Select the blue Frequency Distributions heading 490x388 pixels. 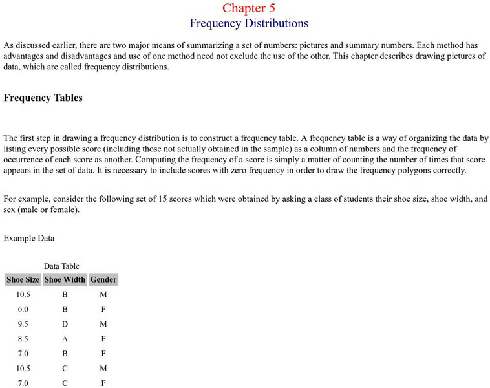[249, 24]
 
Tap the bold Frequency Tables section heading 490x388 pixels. [43, 98]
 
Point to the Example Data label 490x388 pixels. [29, 239]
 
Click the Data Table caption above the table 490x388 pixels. [61, 266]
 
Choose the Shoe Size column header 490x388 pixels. [23, 280]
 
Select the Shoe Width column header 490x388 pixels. [65, 280]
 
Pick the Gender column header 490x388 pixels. [103, 280]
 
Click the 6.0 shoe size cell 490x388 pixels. [23, 309]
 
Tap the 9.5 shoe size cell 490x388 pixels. [23, 324]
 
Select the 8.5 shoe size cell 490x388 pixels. [23, 339]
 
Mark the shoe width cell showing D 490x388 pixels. [65, 324]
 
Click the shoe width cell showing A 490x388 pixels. [65, 339]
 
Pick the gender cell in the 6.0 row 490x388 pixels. [103, 309]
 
